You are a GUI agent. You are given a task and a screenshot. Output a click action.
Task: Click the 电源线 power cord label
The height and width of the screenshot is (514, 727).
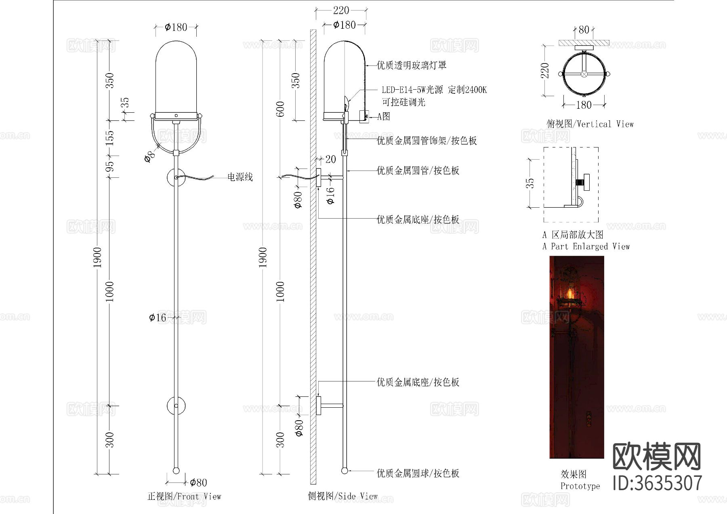[x=240, y=177]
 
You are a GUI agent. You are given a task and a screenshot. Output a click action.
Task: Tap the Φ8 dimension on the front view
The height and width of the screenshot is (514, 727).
[x=149, y=156]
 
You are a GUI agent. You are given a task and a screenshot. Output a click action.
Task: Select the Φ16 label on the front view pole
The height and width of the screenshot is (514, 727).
[x=158, y=318]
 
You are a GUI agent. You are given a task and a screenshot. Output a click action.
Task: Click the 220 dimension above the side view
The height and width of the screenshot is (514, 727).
[x=341, y=10]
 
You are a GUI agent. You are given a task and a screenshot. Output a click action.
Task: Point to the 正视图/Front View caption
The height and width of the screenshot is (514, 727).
[x=184, y=496]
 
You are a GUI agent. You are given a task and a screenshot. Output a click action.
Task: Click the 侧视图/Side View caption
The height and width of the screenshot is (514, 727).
[x=342, y=496]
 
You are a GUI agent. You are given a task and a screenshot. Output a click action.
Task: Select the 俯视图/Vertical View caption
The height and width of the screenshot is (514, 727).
[x=590, y=124]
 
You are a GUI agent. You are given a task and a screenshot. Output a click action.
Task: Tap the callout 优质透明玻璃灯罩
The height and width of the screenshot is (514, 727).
[x=411, y=65]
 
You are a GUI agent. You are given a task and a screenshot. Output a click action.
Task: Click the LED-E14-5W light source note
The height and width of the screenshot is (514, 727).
[x=434, y=90]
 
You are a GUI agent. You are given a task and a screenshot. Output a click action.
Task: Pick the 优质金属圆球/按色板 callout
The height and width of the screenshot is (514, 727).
[x=418, y=473]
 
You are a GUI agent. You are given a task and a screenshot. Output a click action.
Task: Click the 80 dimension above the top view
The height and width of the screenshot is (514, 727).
[x=584, y=29]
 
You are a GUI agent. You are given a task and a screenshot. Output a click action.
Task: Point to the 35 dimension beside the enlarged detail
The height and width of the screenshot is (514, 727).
[x=530, y=183]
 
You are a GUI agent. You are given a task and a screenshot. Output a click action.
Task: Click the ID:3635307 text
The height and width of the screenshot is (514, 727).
[x=657, y=483]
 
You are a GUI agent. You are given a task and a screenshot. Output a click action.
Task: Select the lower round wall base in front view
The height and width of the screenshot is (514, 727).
[x=176, y=406]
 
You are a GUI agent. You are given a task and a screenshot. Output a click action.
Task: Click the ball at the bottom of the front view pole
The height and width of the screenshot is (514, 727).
[x=176, y=471]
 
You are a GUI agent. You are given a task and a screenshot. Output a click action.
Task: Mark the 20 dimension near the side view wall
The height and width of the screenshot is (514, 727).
[x=330, y=159]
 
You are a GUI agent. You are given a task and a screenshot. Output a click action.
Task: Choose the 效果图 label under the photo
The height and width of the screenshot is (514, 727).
[x=574, y=474]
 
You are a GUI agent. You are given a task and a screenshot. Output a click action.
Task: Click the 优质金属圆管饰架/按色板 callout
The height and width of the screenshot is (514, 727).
[x=427, y=141]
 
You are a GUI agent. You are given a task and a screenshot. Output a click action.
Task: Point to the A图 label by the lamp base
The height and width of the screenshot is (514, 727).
[x=384, y=116]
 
